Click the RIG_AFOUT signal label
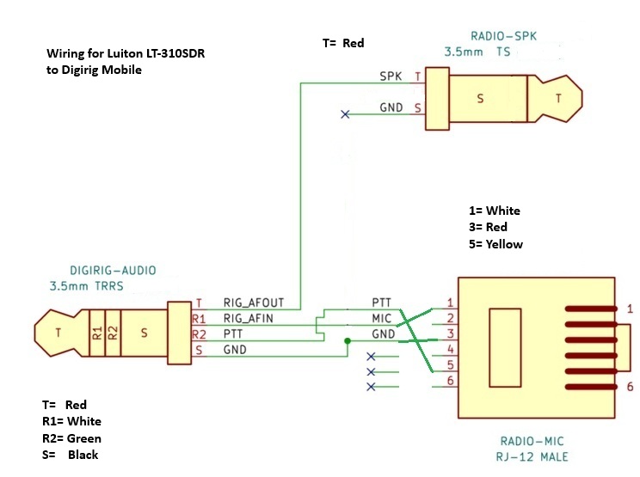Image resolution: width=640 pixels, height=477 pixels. click(254, 303)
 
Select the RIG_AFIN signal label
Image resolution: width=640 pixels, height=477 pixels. click(248, 318)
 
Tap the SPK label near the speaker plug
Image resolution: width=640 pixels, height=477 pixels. click(391, 76)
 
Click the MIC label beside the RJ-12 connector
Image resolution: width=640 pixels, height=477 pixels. click(382, 318)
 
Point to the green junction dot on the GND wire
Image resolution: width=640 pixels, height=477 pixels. click(348, 341)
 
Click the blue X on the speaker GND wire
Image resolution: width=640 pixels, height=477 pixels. click(345, 114)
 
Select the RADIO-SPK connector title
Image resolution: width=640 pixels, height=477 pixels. click(504, 36)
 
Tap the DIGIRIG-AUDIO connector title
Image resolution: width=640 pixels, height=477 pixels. click(113, 270)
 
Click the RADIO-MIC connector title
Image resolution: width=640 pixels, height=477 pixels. click(532, 441)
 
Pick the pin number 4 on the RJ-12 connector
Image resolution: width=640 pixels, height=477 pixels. click(450, 349)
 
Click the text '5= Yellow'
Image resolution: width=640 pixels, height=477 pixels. click(496, 244)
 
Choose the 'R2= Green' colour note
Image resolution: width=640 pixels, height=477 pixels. click(72, 438)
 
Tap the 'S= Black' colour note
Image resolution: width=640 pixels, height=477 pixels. click(71, 455)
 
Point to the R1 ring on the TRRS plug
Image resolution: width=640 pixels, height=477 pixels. click(96, 333)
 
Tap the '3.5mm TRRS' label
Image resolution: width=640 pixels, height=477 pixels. click(87, 286)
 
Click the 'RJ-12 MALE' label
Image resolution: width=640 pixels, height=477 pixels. click(532, 456)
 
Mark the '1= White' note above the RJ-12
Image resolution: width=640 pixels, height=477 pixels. click(495, 211)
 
